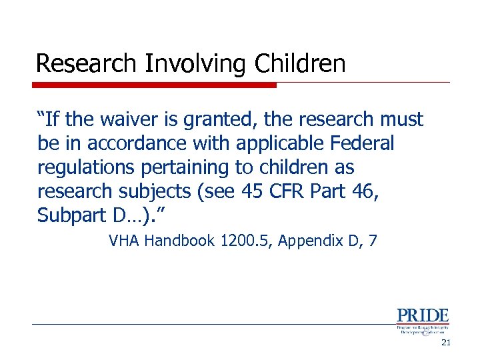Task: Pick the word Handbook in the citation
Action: (x=176, y=241)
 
